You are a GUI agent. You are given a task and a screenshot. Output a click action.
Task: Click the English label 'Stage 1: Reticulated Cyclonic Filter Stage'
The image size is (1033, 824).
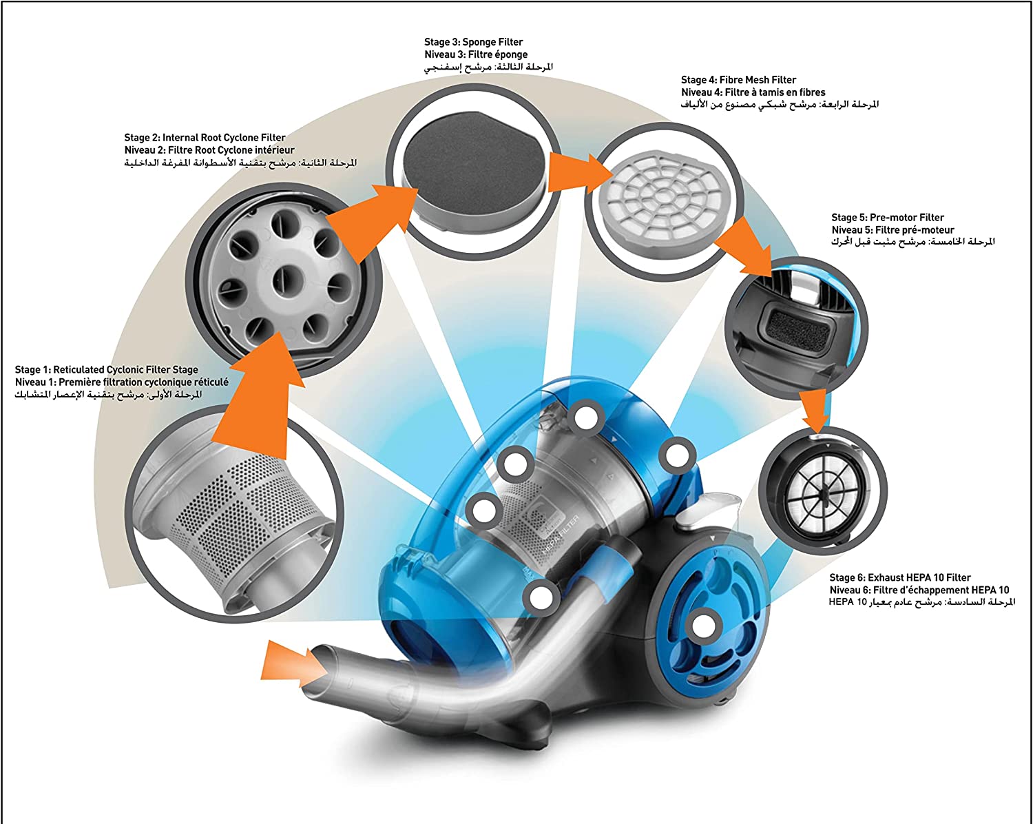(x=107, y=370)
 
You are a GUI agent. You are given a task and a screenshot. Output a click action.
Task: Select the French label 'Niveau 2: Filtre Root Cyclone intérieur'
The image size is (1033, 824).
(x=209, y=150)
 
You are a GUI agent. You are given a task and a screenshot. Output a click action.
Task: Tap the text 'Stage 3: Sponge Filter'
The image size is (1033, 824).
(x=474, y=42)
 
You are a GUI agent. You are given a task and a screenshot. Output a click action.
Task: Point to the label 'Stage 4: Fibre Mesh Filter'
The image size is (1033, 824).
(x=738, y=80)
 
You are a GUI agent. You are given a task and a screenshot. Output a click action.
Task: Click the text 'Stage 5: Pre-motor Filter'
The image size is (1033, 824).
(x=888, y=218)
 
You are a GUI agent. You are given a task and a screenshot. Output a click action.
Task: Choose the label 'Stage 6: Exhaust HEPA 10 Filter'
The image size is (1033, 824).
(x=900, y=578)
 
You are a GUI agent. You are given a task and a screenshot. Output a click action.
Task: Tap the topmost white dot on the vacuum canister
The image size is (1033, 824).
(x=586, y=417)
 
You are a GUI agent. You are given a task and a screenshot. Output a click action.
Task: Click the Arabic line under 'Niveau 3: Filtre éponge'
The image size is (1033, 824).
(x=488, y=67)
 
